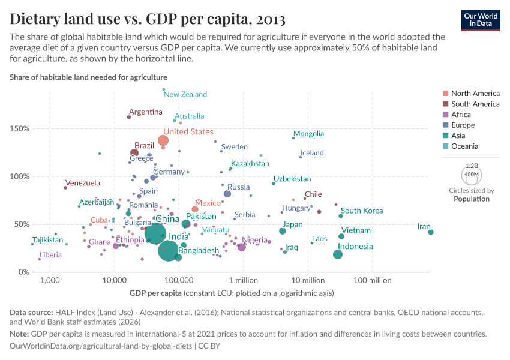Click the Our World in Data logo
pos(481,19)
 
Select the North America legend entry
pos(475,94)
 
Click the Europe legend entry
pos(463,125)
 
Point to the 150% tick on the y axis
pos(19,129)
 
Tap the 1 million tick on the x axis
pos(243,281)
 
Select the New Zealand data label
pos(185,95)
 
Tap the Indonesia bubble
pos(338,254)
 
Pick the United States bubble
pos(163,141)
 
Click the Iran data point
pos(431,232)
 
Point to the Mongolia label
pos(308,134)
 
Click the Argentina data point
pos(129,117)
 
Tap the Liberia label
pos(50,255)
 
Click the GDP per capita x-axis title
pos(156,293)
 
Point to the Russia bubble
pos(227,194)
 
